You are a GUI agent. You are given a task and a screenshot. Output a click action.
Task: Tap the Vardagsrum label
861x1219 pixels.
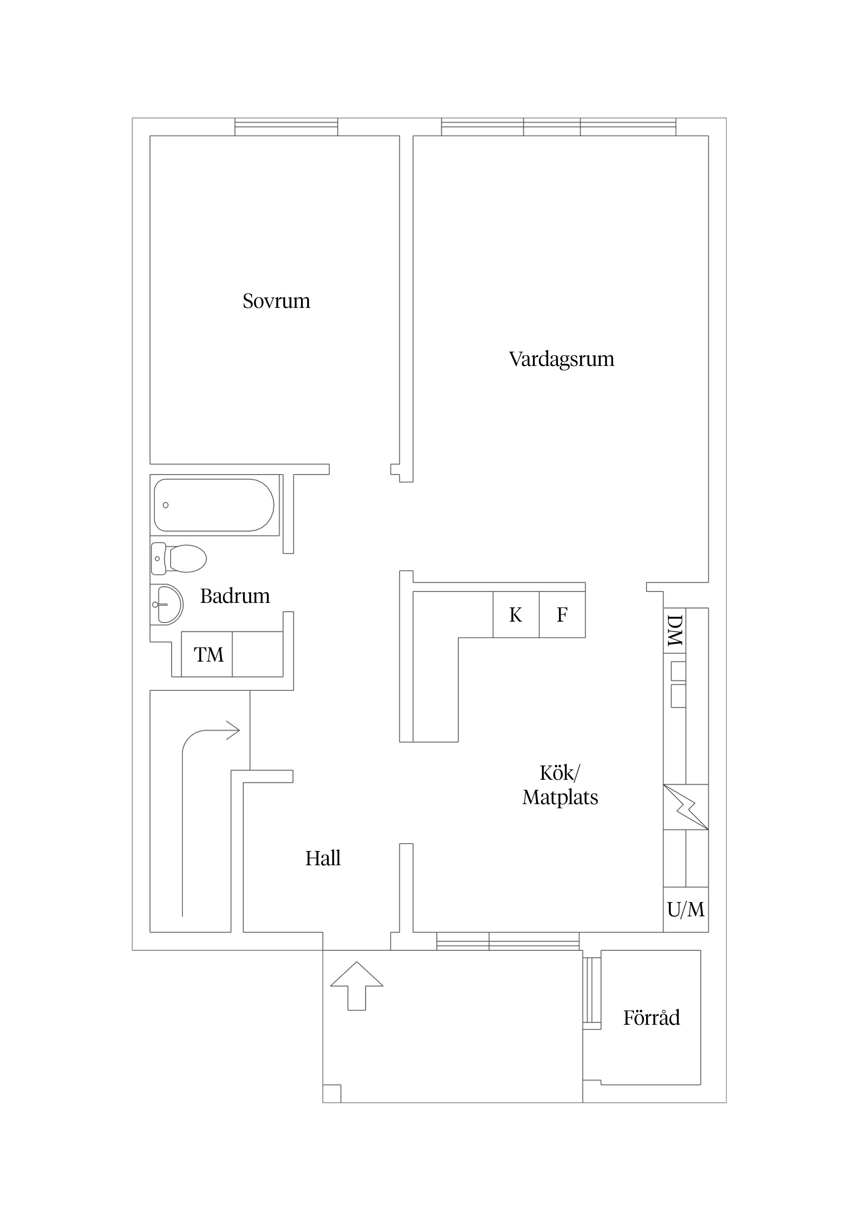[561, 359]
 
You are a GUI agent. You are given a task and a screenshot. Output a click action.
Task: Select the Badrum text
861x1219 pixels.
[235, 596]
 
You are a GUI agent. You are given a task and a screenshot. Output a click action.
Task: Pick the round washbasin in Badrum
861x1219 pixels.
[167, 604]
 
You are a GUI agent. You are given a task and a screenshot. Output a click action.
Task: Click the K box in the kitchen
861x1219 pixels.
[516, 615]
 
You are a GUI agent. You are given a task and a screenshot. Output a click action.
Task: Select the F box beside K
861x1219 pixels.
[562, 615]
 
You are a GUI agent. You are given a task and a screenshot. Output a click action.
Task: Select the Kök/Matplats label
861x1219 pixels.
[560, 785]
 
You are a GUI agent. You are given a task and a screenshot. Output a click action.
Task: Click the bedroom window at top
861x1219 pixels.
[286, 127]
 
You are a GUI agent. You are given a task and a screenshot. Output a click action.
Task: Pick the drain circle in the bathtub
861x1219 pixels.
[166, 505]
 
